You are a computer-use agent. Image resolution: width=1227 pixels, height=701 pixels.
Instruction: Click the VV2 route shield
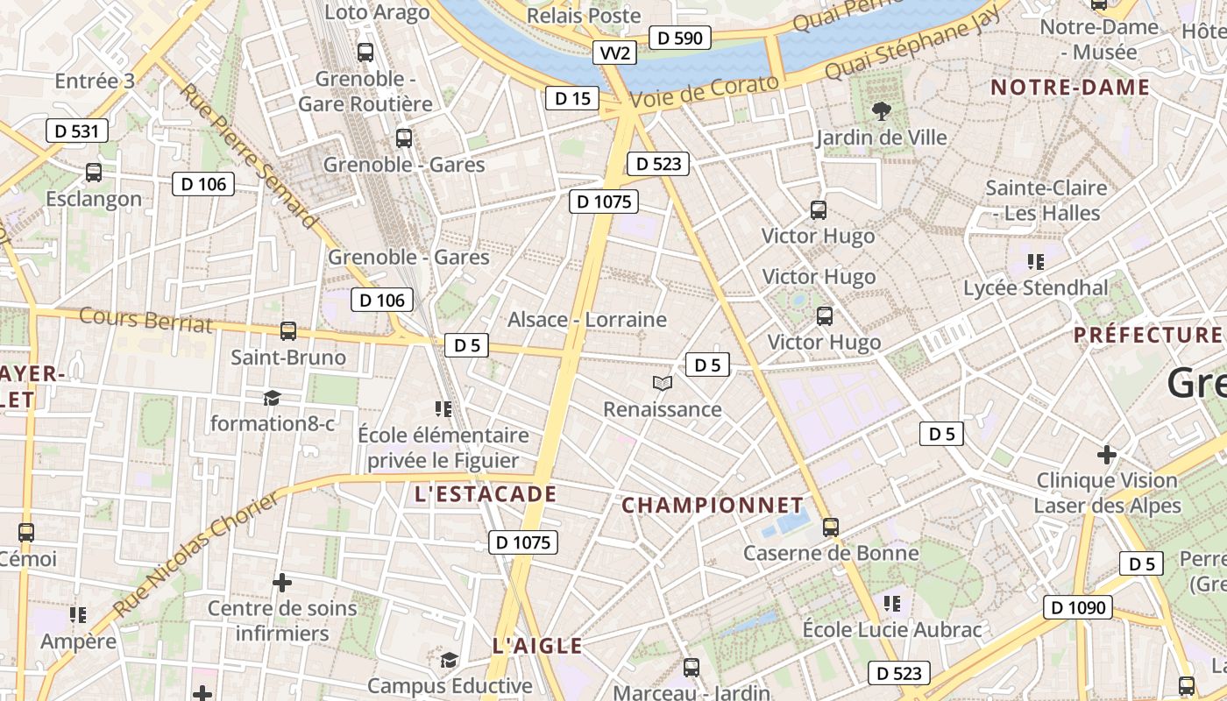pos(614,53)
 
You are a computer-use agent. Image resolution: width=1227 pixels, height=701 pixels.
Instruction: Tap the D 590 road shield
pos(680,38)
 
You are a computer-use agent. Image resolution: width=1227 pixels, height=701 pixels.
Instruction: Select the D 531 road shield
pos(77,131)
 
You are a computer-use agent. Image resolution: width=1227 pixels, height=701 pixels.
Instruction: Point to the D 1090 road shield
pos(1077,607)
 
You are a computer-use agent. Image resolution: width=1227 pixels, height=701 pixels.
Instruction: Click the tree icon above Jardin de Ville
pos(881,111)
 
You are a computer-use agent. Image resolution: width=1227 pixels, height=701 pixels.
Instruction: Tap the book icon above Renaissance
pos(663,384)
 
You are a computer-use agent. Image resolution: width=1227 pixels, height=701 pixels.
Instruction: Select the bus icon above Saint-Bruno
pos(287,331)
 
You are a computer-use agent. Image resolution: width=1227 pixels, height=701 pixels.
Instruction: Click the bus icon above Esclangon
pos(94,173)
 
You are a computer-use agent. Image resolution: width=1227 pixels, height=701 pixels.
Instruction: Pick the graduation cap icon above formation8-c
pos(272,398)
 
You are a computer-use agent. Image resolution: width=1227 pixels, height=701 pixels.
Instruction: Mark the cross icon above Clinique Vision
pos(1107,455)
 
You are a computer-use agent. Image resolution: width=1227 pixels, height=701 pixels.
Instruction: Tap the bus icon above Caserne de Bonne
pos(830,528)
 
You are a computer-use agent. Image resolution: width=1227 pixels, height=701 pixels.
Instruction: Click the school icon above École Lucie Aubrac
pos(892,603)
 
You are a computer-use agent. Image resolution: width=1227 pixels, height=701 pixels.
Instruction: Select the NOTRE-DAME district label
pos(1069,88)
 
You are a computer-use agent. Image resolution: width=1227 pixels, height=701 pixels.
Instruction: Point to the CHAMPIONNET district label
pos(713,506)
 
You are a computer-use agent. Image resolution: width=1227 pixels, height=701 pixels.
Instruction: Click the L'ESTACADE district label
pos(486,494)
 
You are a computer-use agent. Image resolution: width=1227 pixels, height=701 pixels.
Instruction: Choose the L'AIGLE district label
pos(537,647)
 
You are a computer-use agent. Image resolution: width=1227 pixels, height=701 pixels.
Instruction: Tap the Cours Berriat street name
pos(145,320)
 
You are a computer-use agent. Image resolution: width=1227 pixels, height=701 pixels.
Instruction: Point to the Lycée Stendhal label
pos(1035,287)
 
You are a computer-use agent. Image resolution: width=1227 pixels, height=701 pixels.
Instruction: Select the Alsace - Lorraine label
pos(587,320)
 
